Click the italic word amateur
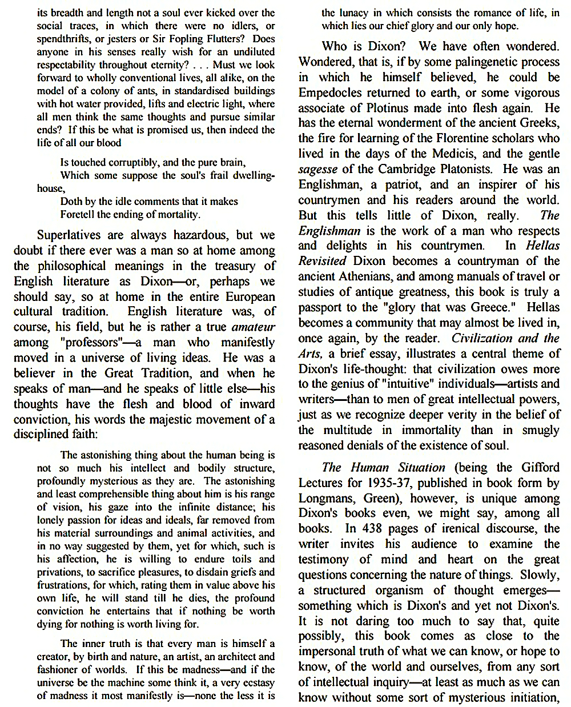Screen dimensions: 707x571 coord(254,327)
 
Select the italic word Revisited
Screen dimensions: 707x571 coord(322,261)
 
